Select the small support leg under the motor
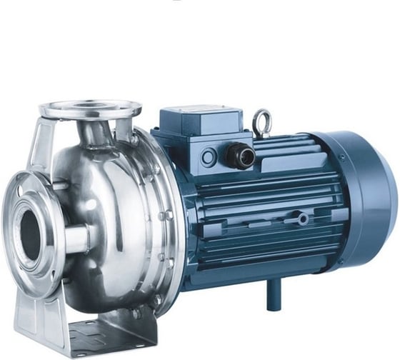(x=274, y=293)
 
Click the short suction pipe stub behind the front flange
(x=75, y=236)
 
